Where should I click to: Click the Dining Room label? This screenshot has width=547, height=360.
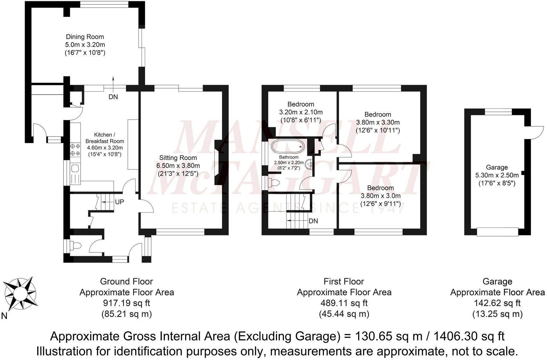(x=85, y=37)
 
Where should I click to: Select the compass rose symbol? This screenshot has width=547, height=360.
(x=20, y=293)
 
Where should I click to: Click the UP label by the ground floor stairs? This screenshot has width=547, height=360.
(x=120, y=202)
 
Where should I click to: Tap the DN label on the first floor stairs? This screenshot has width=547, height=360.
(x=313, y=221)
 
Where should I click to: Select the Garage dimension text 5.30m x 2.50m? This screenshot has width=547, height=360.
(x=497, y=175)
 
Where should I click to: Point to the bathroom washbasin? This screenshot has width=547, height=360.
(x=309, y=165)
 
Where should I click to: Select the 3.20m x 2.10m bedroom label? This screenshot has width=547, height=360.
(x=301, y=112)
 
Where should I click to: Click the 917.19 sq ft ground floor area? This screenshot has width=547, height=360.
(x=127, y=303)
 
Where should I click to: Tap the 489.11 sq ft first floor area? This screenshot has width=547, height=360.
(x=344, y=303)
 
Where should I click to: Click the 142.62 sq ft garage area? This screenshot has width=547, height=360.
(x=497, y=303)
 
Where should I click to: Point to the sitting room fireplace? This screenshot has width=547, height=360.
(x=218, y=162)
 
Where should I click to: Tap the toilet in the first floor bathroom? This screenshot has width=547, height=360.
(x=273, y=183)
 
